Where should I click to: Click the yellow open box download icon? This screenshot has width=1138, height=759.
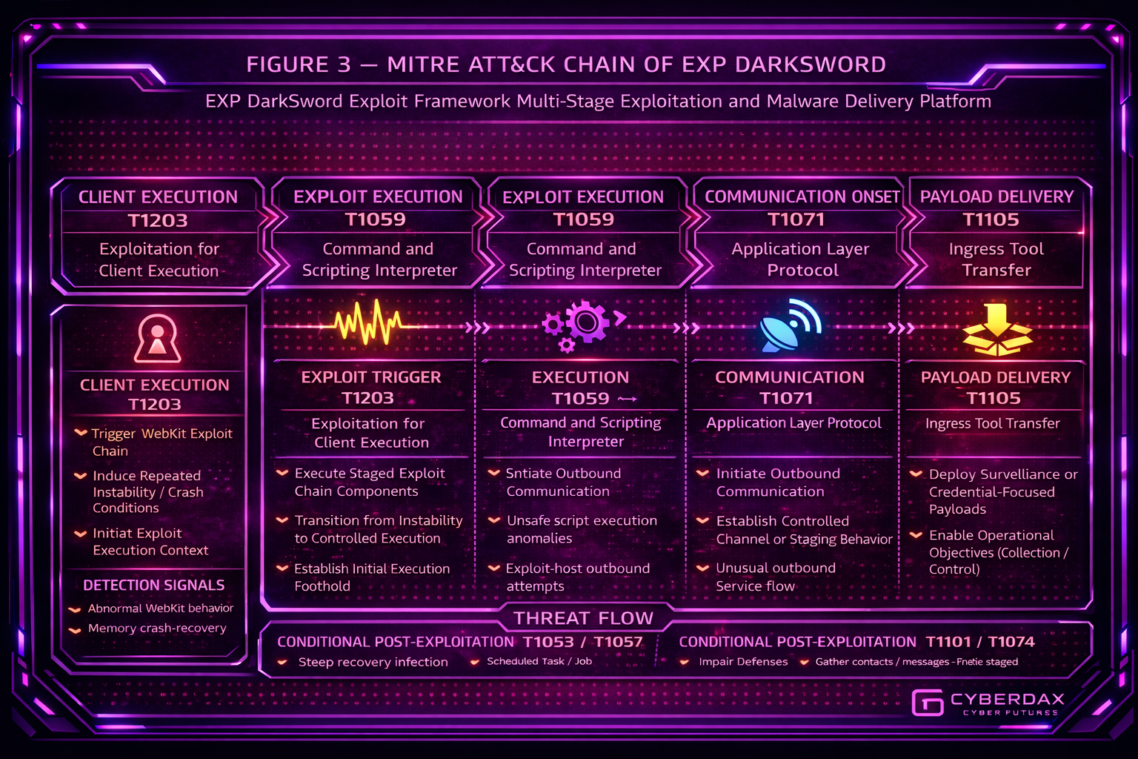click(996, 330)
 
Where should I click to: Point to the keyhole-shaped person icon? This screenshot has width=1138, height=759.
click(157, 338)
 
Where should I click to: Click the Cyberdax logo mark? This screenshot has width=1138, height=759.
click(927, 703)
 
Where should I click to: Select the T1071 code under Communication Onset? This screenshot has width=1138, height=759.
click(796, 219)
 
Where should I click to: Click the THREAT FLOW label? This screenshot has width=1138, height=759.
click(583, 618)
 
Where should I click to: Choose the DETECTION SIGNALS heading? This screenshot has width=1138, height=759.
click(154, 585)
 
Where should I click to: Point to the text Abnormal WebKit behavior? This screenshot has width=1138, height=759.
click(161, 609)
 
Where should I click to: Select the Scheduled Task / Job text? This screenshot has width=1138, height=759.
click(539, 661)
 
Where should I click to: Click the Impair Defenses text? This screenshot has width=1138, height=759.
click(743, 662)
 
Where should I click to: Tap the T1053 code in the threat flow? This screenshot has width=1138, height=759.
click(548, 642)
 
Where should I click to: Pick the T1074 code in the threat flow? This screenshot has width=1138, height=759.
click(1011, 642)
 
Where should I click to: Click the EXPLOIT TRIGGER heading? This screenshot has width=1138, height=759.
click(370, 377)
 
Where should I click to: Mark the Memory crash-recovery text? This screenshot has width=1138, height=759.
click(157, 629)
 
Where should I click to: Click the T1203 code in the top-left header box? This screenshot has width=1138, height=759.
click(158, 220)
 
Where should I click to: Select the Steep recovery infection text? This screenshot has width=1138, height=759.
click(373, 662)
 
